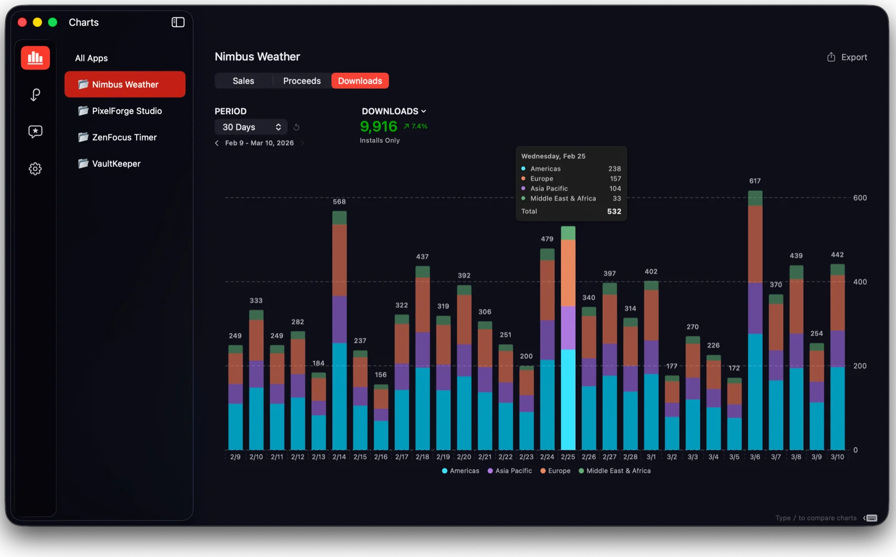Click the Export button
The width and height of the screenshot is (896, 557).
click(847, 57)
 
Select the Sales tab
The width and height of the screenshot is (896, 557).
click(243, 81)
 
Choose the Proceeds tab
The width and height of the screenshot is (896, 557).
click(302, 81)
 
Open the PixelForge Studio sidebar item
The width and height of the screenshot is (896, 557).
click(127, 111)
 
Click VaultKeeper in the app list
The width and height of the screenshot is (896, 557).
click(116, 163)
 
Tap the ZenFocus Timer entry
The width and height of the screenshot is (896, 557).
click(124, 137)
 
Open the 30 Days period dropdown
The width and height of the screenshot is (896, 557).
click(251, 127)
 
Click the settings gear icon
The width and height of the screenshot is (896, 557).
click(35, 168)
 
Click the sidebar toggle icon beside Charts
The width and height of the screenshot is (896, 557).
click(178, 22)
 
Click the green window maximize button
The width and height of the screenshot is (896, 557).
click(53, 22)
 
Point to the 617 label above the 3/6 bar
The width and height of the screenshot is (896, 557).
click(755, 181)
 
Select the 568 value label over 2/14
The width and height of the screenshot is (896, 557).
click(339, 202)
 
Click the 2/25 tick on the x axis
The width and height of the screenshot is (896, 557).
click(568, 457)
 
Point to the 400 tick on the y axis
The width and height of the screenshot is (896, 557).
click(860, 282)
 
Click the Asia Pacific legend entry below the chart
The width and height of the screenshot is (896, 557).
click(510, 471)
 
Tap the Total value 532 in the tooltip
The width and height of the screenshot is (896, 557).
click(614, 212)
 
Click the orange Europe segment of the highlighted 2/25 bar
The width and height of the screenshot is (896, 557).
click(568, 273)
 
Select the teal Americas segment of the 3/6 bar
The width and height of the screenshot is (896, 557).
click(755, 392)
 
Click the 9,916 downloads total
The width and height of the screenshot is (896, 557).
click(379, 127)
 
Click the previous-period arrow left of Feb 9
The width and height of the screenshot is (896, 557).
click(217, 143)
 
